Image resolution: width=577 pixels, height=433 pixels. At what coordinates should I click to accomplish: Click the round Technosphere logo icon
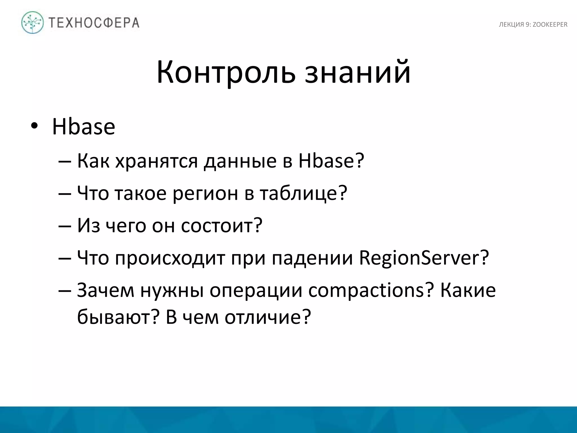33,23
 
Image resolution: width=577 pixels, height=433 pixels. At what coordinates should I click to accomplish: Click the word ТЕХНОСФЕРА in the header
94,23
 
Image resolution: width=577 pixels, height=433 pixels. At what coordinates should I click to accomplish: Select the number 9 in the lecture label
527,25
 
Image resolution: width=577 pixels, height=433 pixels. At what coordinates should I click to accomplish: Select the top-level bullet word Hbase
84,127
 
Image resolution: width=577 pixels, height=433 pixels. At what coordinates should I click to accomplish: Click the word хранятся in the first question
157,161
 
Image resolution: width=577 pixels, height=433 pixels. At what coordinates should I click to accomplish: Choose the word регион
205,194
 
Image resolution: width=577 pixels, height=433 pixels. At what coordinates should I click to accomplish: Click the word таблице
303,194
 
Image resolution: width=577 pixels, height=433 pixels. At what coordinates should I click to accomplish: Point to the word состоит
221,226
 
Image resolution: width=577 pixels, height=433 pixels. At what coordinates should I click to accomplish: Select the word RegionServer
424,258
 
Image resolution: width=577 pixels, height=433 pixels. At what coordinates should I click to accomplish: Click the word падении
312,258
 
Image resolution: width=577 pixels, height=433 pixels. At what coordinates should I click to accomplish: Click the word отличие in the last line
268,317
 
